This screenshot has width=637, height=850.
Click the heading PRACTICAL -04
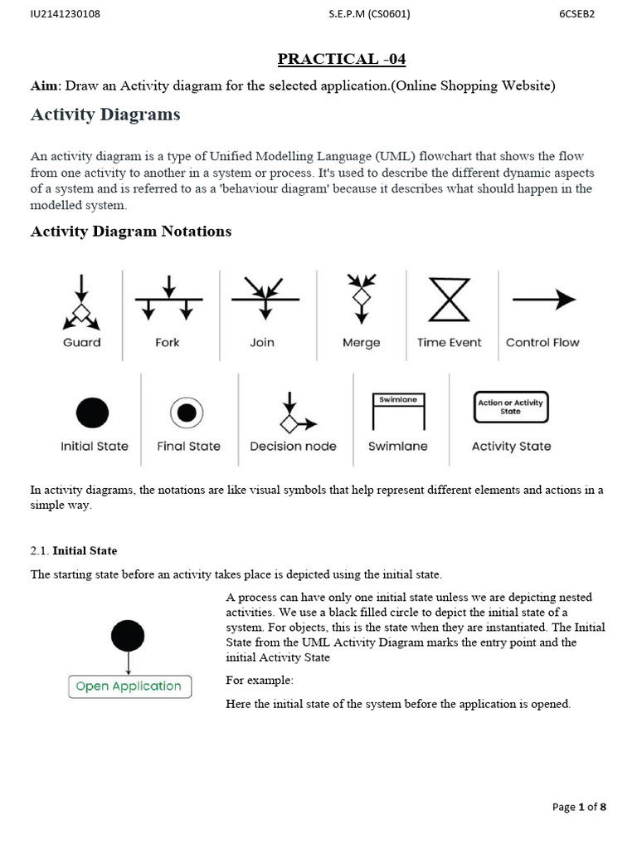coord(342,59)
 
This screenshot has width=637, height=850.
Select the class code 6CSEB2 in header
coord(577,13)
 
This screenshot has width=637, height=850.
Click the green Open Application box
coord(129,686)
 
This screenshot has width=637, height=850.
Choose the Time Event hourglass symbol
coord(448,299)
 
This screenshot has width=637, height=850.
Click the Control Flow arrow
coord(543,300)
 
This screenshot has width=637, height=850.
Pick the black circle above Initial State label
coord(92,413)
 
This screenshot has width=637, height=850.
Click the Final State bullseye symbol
coord(187,413)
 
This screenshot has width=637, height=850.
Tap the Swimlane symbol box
coord(398,411)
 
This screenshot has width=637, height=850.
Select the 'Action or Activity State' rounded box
coord(510,407)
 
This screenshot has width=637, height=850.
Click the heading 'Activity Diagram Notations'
coord(131,232)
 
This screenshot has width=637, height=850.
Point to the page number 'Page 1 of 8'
coord(579,807)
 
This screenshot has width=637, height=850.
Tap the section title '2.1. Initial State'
coord(74,550)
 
